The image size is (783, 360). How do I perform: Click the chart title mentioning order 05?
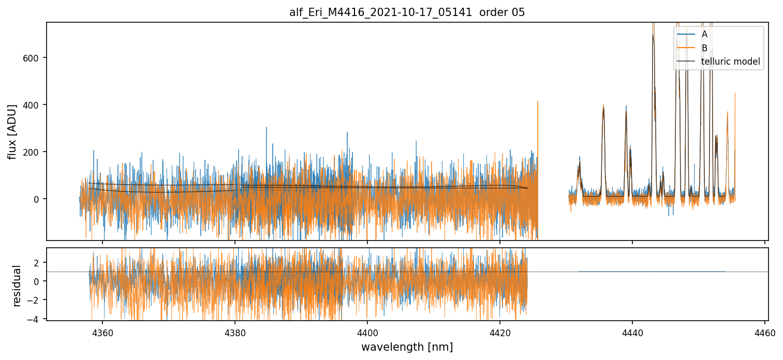click(x=407, y=12)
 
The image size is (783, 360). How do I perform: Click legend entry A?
click(x=704, y=35)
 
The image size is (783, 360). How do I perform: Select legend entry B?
click(x=704, y=48)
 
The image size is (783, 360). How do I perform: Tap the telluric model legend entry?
click(x=730, y=62)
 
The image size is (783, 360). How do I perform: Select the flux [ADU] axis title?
click(x=12, y=131)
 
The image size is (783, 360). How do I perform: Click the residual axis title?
click(x=17, y=286)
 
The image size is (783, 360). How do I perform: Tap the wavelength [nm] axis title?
click(x=407, y=347)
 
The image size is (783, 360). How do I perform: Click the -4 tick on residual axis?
click(x=36, y=319)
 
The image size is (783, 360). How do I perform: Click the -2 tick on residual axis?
click(x=36, y=301)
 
